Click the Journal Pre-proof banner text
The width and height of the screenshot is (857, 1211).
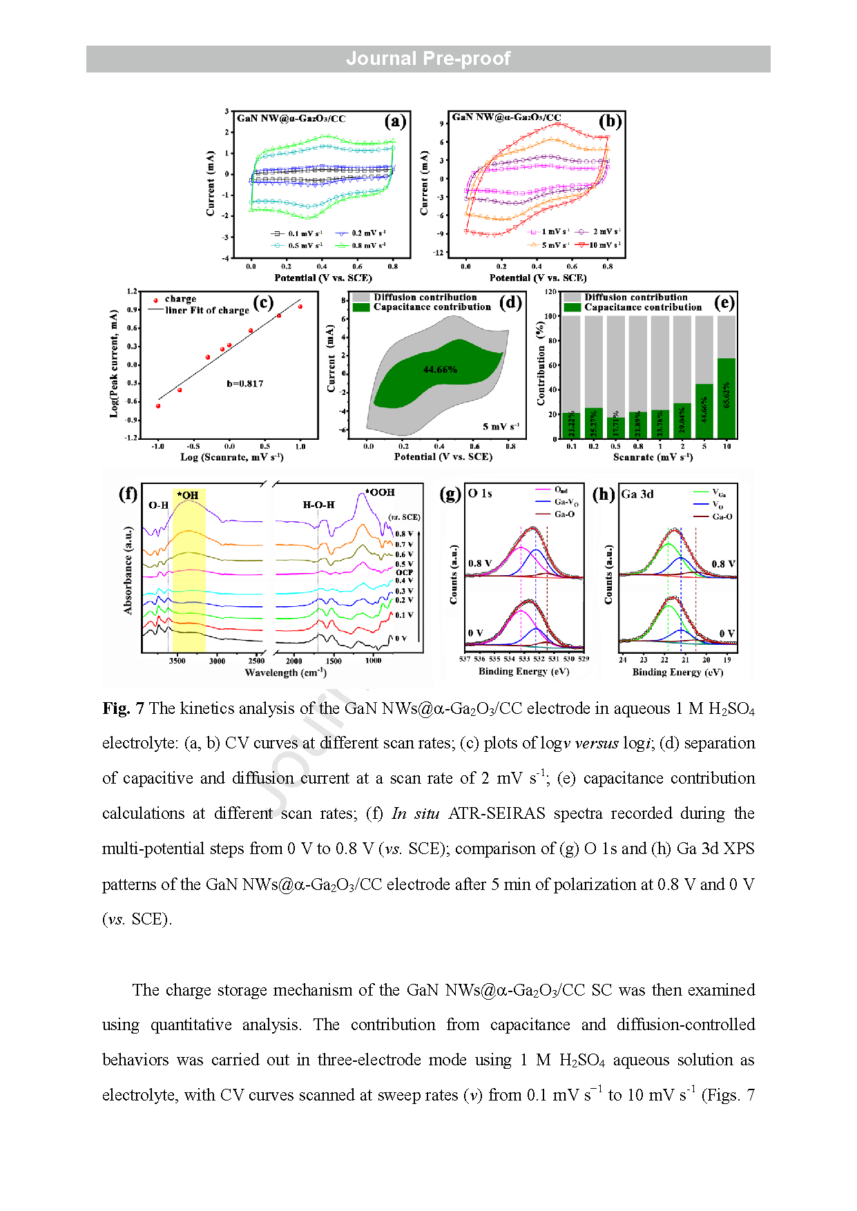[428, 59]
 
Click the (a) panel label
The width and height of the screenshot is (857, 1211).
[395, 122]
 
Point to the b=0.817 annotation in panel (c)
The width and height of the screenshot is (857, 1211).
[245, 384]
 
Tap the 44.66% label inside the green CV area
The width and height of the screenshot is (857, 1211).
[440, 370]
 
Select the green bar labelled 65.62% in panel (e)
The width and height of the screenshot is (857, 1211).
[726, 398]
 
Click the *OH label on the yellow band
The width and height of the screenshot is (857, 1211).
[188, 495]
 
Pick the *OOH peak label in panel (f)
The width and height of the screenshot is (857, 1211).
[380, 492]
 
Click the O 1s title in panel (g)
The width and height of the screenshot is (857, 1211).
[480, 493]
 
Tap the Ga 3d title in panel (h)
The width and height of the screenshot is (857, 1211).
[637, 494]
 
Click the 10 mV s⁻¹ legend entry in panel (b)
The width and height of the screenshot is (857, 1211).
[604, 245]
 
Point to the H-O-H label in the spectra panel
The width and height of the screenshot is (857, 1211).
[318, 505]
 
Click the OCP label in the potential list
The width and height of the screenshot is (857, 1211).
[404, 572]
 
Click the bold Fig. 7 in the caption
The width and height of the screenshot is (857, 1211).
[123, 708]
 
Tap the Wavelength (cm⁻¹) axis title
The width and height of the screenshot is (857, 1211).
[285, 672]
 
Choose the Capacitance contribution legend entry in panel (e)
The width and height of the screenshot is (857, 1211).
[642, 307]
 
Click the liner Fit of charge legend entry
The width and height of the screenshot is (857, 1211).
[206, 311]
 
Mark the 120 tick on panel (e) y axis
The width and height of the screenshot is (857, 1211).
[550, 292]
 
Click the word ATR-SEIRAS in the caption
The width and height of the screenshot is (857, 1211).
[496, 813]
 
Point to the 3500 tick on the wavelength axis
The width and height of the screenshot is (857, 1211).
[177, 661]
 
